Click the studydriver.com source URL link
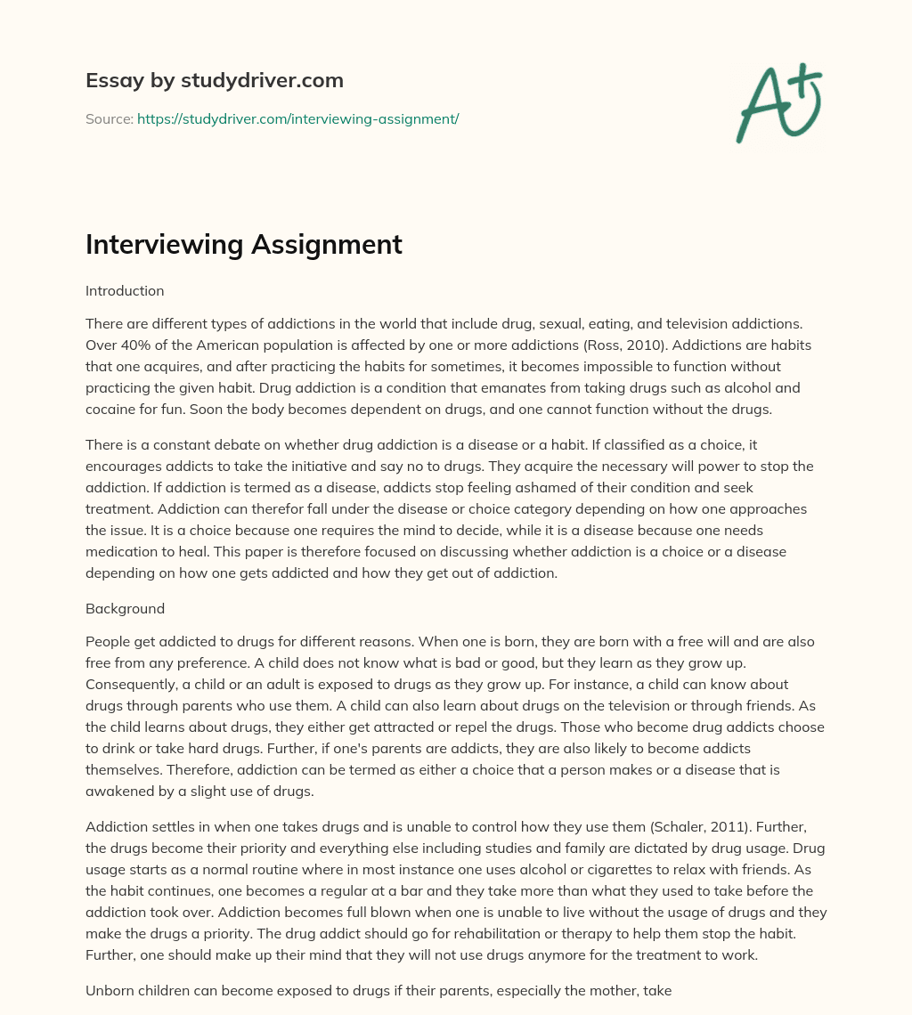point(297,118)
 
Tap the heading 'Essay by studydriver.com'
point(215,80)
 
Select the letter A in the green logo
point(761,107)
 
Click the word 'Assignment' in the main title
point(329,245)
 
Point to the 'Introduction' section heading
point(125,290)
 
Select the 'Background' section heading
point(125,609)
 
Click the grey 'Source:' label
point(110,118)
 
